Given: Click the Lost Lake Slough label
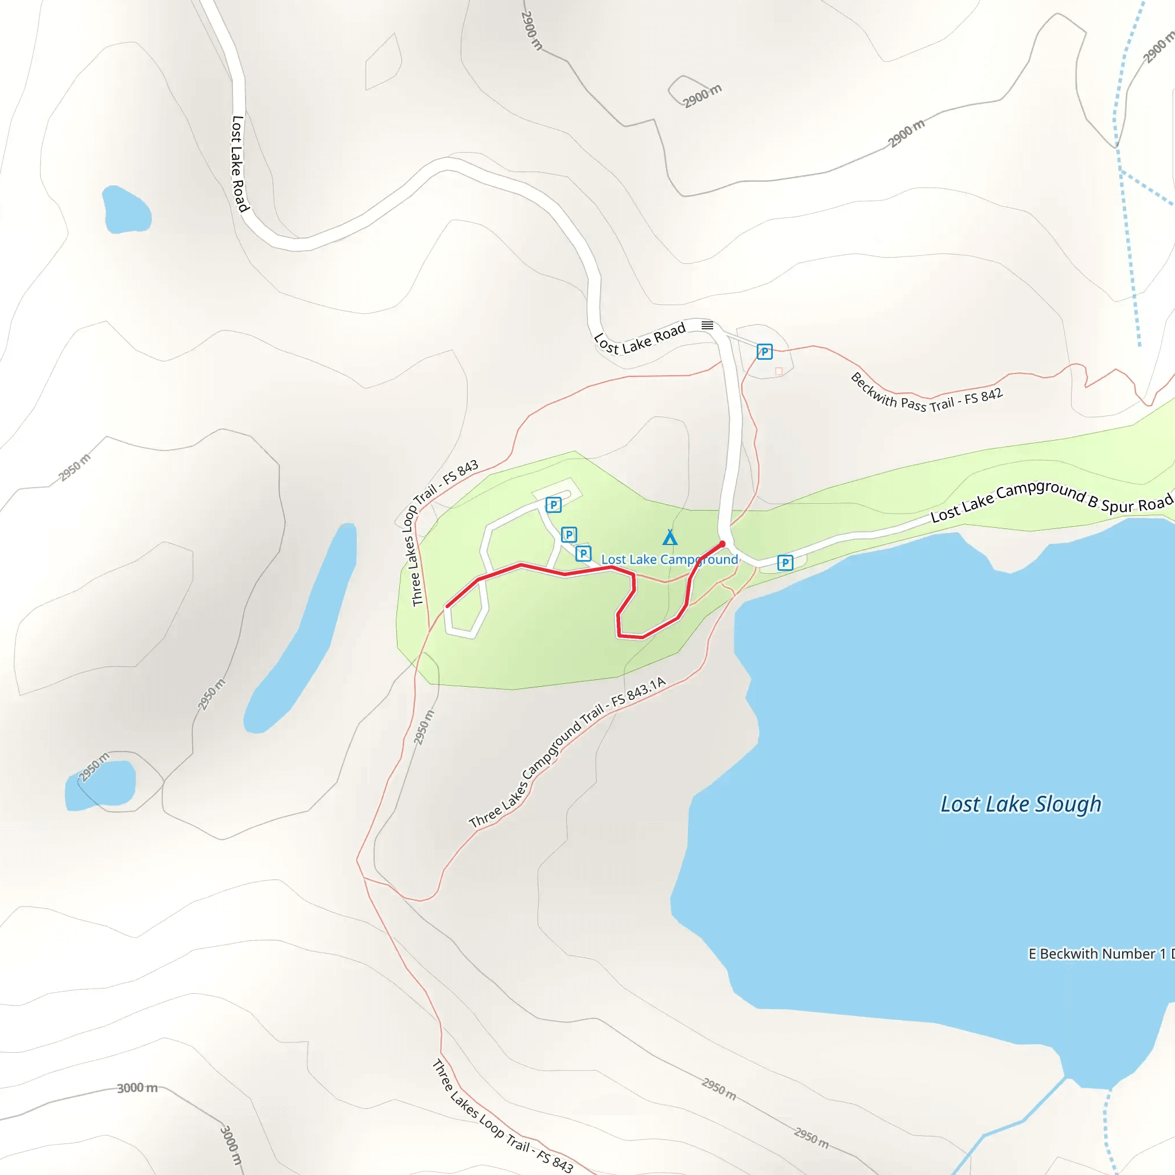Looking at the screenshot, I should tap(1021, 804).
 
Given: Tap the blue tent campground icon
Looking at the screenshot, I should tap(670, 537).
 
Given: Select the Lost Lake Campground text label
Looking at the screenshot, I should tap(669, 559).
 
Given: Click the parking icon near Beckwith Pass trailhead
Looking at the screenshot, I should tap(764, 352).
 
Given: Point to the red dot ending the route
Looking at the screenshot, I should tap(722, 544).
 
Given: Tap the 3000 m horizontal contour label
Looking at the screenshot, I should tap(137, 1088).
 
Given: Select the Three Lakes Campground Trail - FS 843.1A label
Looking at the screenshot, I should tap(567, 752).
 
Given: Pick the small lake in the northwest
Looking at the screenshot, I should tap(126, 211).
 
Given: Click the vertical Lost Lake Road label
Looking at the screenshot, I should tap(239, 164).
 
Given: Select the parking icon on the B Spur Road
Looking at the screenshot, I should tap(785, 563).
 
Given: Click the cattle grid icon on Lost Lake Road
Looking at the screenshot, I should tap(707, 325).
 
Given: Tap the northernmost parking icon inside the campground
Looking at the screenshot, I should tap(553, 505).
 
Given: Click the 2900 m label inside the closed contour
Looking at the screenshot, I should tap(702, 96).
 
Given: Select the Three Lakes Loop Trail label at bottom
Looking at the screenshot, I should tap(503, 1116).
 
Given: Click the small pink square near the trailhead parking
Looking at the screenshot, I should tap(779, 371).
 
